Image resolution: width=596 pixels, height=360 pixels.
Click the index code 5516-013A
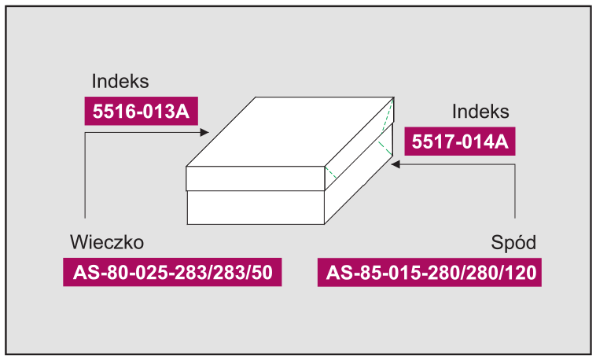click(141, 112)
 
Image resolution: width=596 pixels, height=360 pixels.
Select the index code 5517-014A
click(460, 141)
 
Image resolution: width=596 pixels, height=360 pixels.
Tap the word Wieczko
click(107, 242)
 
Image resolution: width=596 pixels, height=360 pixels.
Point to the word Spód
click(513, 243)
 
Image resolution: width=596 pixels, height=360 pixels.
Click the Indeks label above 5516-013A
click(120, 81)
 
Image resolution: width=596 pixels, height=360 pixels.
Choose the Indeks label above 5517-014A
click(480, 112)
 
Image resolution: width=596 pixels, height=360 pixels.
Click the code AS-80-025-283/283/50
click(172, 272)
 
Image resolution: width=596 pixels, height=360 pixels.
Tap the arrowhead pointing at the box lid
click(204, 132)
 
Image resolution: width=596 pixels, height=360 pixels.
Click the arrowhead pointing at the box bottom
click(395, 164)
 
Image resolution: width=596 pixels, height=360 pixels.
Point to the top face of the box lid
click(290, 131)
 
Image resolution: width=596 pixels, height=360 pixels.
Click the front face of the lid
click(256, 178)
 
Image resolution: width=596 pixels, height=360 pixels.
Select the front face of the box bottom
click(256, 208)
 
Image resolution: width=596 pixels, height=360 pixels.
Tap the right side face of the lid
click(359, 144)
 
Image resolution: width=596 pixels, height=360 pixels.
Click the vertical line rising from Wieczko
click(85, 175)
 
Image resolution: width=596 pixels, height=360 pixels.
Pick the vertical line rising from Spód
click(515, 191)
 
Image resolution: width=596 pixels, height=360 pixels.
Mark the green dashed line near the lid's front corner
click(330, 173)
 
